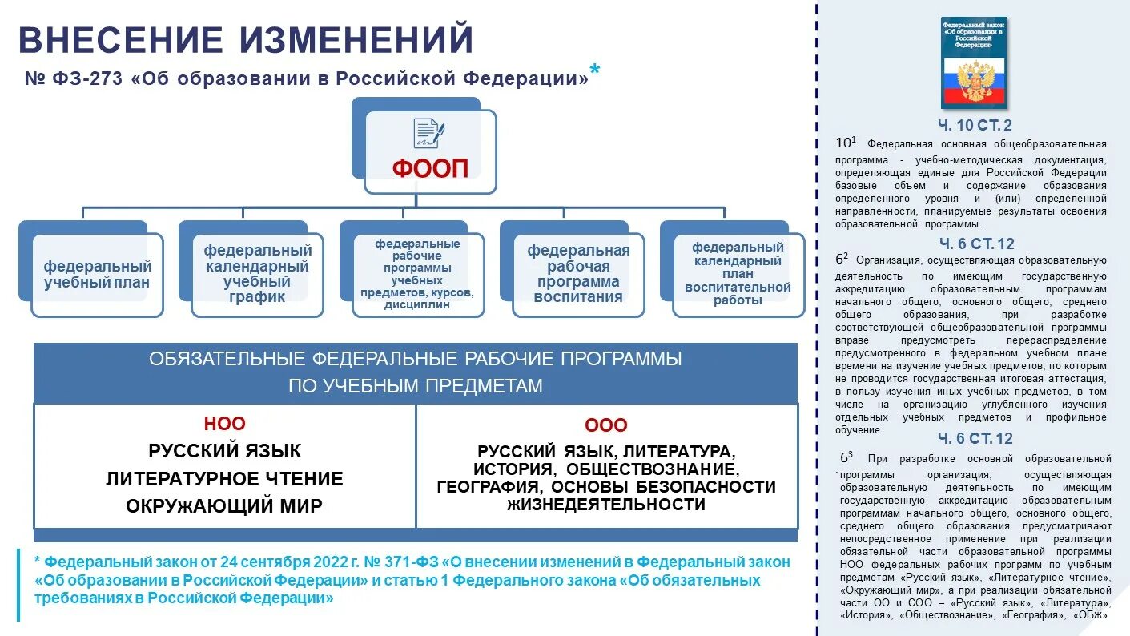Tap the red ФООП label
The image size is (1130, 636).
point(430,168)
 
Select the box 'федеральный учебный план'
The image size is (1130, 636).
point(97,274)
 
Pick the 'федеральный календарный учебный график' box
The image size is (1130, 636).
point(257,274)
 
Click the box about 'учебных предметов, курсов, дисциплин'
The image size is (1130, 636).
point(417,274)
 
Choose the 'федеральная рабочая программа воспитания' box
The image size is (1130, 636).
point(578,274)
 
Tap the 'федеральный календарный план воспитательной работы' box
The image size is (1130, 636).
point(738,274)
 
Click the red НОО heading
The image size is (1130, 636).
point(224,424)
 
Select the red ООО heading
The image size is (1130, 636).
point(606,425)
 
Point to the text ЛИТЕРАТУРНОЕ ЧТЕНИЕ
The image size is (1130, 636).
point(224,479)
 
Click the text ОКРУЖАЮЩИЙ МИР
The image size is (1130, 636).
point(224,506)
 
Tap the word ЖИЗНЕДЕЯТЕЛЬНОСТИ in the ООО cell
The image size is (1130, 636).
point(606,505)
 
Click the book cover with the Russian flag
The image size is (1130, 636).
point(974,62)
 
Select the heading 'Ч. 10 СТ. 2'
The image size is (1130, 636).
point(975,125)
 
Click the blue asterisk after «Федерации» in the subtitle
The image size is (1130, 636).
point(594,72)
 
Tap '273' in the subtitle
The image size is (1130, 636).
point(100,79)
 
